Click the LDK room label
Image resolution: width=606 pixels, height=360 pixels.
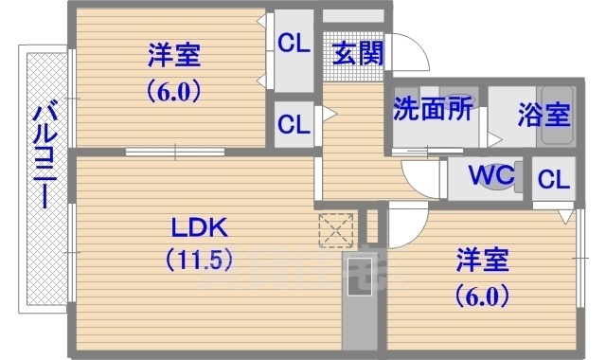coord(199,228)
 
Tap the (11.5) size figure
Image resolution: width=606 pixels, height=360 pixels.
coord(199,258)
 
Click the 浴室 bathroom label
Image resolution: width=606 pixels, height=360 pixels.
coord(544,115)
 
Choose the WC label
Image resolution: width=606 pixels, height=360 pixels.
coord(491,175)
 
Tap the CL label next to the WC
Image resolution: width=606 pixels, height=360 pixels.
coord(554,178)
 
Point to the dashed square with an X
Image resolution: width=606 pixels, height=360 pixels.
coord(336,228)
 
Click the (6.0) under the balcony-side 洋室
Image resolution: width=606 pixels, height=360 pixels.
coord(174,92)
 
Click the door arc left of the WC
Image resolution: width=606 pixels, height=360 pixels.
coord(420,176)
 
